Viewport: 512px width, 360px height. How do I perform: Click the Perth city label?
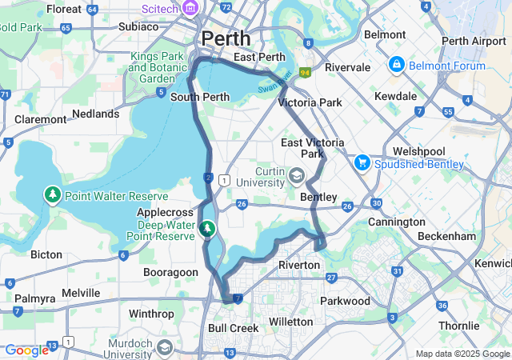pyautogui.click(x=226, y=38)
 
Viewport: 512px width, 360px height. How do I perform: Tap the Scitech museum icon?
pyautogui.click(x=190, y=9)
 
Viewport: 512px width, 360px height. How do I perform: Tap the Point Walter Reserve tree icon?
pyautogui.click(x=53, y=195)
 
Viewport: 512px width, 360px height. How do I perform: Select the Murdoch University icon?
pyautogui.click(x=164, y=347)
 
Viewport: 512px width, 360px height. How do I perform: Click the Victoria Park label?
pyautogui.click(x=310, y=102)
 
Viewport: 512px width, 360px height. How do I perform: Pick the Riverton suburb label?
pyautogui.click(x=298, y=265)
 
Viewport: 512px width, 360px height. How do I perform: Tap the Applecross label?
pyautogui.click(x=166, y=213)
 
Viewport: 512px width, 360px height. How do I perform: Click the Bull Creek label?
pyautogui.click(x=233, y=328)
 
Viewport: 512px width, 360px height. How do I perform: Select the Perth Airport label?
pyautogui.click(x=474, y=41)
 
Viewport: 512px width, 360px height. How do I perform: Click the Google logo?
pyautogui.click(x=26, y=350)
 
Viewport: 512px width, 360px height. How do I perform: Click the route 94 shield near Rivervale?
pyautogui.click(x=304, y=72)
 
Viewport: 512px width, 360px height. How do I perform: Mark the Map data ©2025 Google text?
pyautogui.click(x=462, y=354)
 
